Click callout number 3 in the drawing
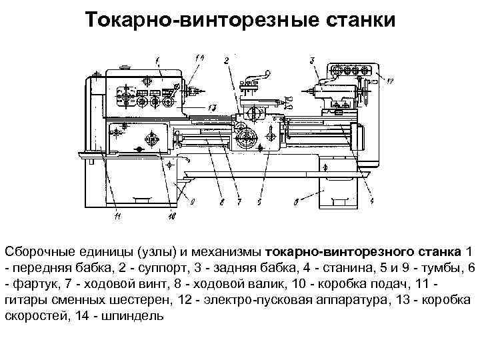coord(312,61)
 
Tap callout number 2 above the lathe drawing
coord(227,61)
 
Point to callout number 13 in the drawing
coord(212,107)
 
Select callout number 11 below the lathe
coord(118,215)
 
